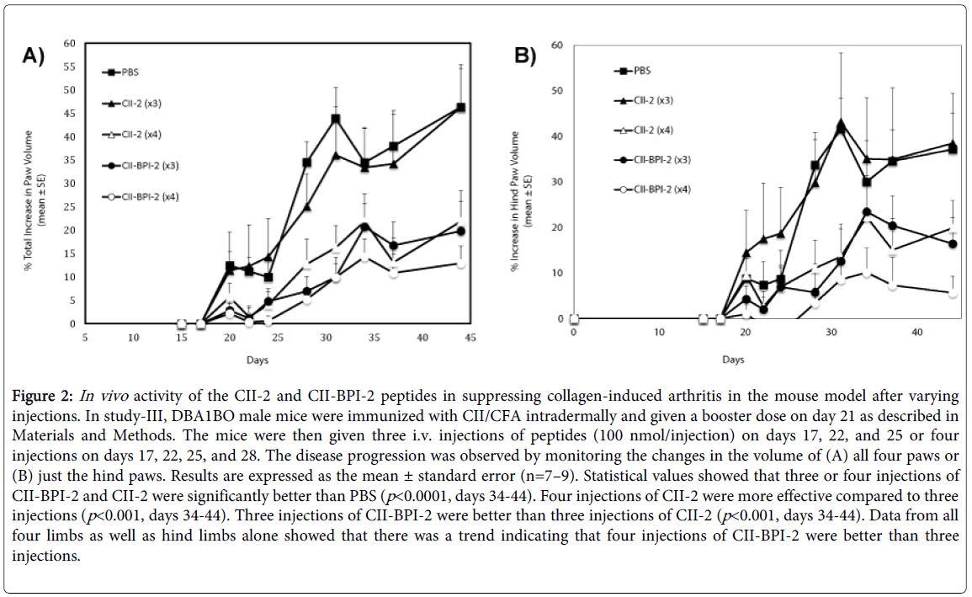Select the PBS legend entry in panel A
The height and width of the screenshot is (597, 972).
125,72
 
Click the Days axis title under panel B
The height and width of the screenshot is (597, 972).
733,360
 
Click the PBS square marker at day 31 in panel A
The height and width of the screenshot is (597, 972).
336,119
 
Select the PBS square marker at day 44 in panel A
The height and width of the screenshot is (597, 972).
460,108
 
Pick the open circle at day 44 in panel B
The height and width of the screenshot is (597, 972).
953,293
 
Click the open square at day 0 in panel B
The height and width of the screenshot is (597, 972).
573,319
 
